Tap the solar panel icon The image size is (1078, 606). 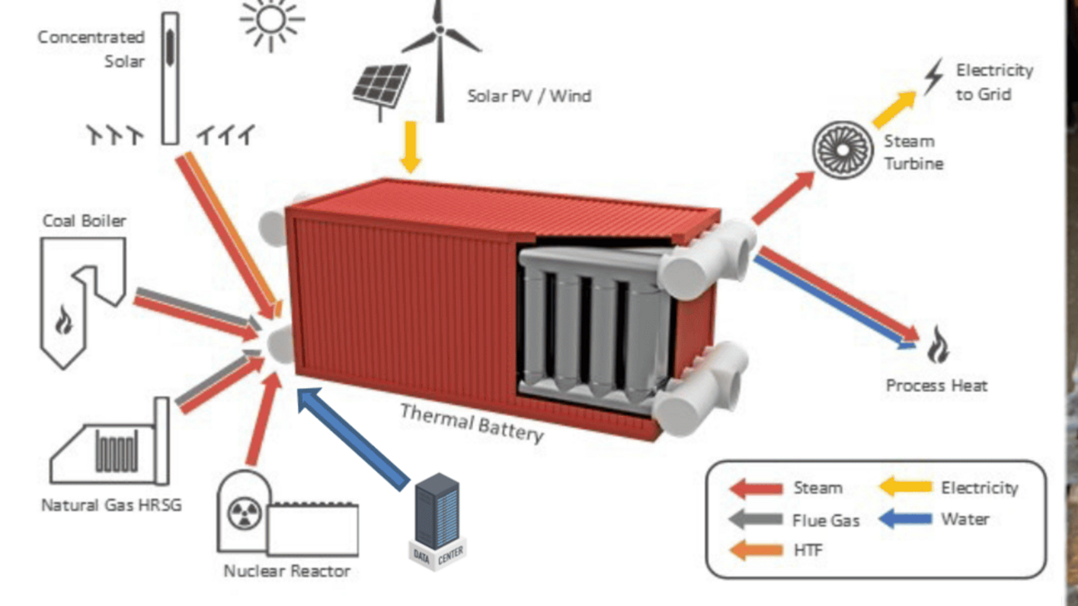pos(382,86)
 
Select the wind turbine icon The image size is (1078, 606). pos(440,55)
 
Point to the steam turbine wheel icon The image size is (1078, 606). pos(842,150)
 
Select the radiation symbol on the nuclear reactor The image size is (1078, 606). pos(244,513)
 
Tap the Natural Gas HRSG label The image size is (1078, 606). pos(111,505)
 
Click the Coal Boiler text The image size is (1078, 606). pos(84,221)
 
